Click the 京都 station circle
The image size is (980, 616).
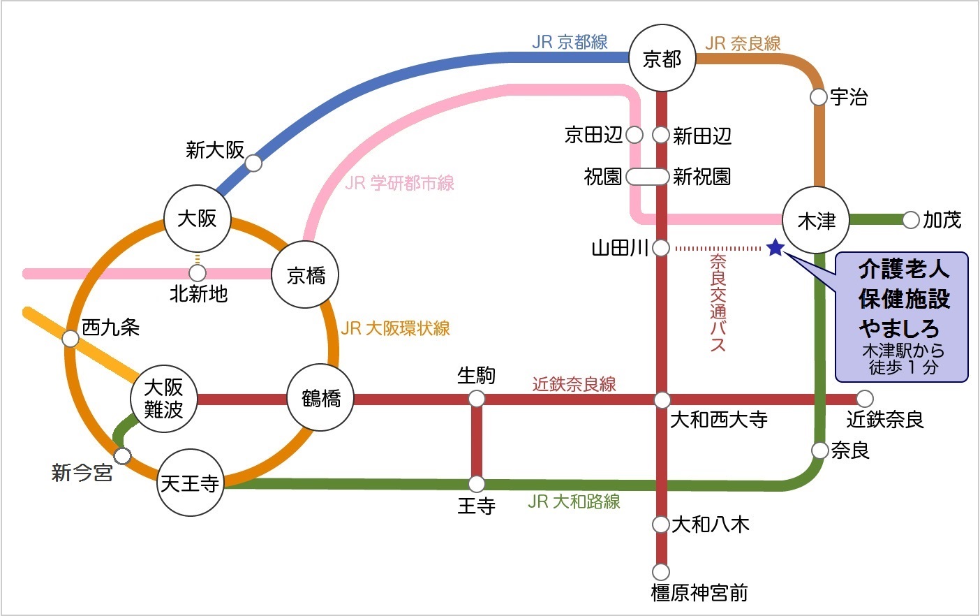662,59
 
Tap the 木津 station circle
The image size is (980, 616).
816,221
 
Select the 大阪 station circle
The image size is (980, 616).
198,219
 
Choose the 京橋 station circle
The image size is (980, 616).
306,275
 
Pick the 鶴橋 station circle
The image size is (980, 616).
321,398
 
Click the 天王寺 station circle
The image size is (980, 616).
190,483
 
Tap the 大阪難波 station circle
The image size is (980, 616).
163,399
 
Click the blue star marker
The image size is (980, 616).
775,248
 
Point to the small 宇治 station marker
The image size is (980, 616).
819,97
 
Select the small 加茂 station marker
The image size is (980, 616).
910,220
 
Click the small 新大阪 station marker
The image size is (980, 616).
253,163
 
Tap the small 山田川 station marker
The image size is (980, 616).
661,248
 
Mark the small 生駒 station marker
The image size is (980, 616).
477,399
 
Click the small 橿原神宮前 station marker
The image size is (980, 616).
661,571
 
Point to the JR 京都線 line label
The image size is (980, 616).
570,42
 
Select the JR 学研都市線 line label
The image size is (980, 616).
399,183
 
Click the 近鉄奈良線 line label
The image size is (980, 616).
574,384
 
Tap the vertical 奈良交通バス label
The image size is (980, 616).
718,302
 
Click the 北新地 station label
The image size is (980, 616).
199,294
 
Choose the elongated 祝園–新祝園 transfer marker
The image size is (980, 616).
648,176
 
